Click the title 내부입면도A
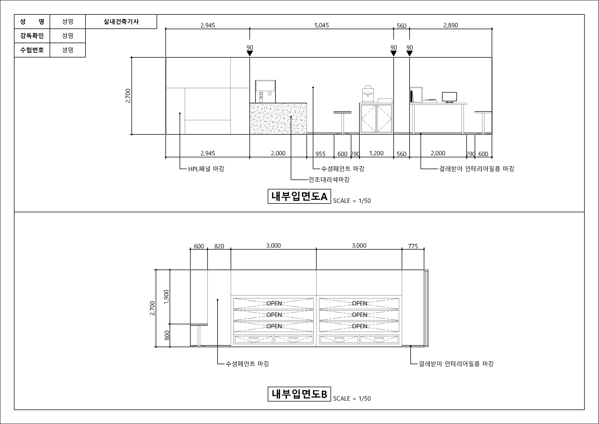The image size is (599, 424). pos(299,196)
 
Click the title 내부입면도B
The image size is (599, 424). pos(299,394)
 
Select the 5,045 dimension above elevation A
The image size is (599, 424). pos(321,25)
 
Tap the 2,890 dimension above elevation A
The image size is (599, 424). pos(451,25)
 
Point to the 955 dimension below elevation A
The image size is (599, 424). pos(320,154)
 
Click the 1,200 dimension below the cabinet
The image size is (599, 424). pos(376,153)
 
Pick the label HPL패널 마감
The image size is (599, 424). pos(206,169)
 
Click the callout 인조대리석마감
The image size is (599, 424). pos(329,179)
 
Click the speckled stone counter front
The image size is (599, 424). pos(278,119)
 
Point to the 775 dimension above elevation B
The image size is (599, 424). pos(413,246)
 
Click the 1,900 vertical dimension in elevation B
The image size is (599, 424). pos(166,297)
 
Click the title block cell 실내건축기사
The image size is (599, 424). pos(121,21)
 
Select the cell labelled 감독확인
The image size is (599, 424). pos(32,36)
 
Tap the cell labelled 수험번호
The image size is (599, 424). pos(32,50)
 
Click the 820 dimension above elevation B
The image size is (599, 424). pos(219,246)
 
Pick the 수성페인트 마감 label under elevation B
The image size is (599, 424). pos(247,364)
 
